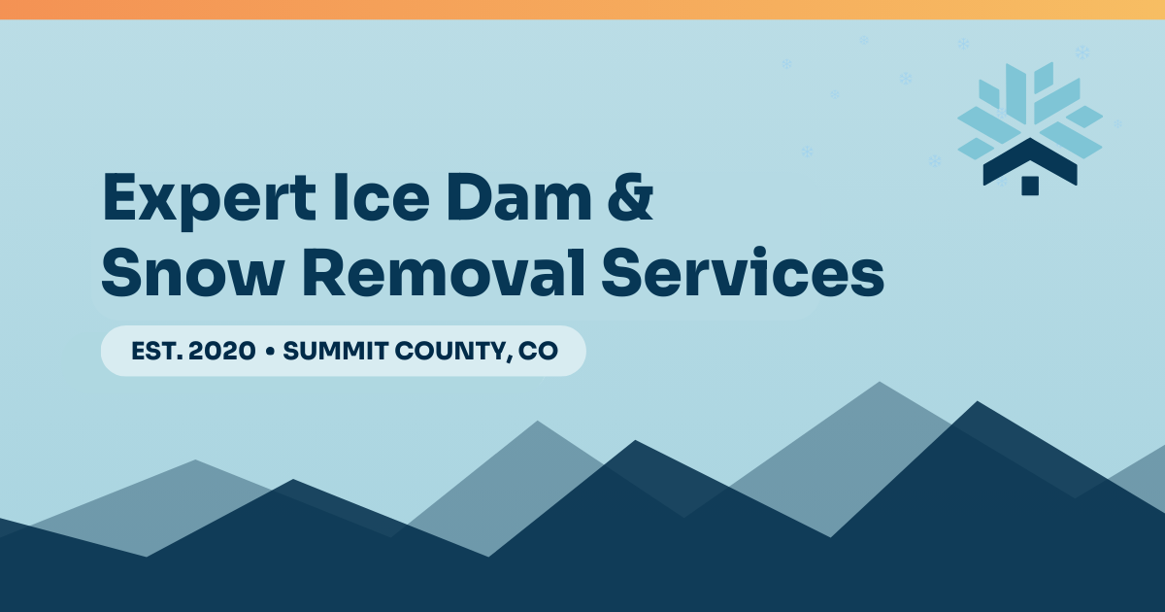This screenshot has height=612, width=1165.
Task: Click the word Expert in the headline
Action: click(209, 200)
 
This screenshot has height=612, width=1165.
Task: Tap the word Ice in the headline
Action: click(382, 196)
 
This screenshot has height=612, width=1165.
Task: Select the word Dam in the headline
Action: click(519, 196)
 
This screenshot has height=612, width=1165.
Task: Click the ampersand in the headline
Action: click(630, 196)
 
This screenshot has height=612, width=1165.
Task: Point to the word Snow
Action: click(192, 272)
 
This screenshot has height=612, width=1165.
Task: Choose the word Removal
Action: click(444, 271)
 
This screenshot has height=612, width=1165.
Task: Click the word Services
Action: click(743, 271)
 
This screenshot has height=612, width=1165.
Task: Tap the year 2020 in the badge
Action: click(222, 351)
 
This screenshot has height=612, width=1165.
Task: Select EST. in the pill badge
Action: click(157, 351)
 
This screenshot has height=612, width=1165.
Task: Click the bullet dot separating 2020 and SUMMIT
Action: click(270, 352)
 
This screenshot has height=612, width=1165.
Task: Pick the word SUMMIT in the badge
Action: click(336, 351)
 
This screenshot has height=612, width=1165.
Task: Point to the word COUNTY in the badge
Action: click(452, 352)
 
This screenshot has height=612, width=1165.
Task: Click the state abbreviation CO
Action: click(538, 351)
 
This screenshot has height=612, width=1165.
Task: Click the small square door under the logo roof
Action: click(1030, 186)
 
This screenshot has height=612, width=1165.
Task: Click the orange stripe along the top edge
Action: click(582, 10)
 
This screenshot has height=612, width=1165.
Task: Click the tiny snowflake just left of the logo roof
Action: click(935, 161)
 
